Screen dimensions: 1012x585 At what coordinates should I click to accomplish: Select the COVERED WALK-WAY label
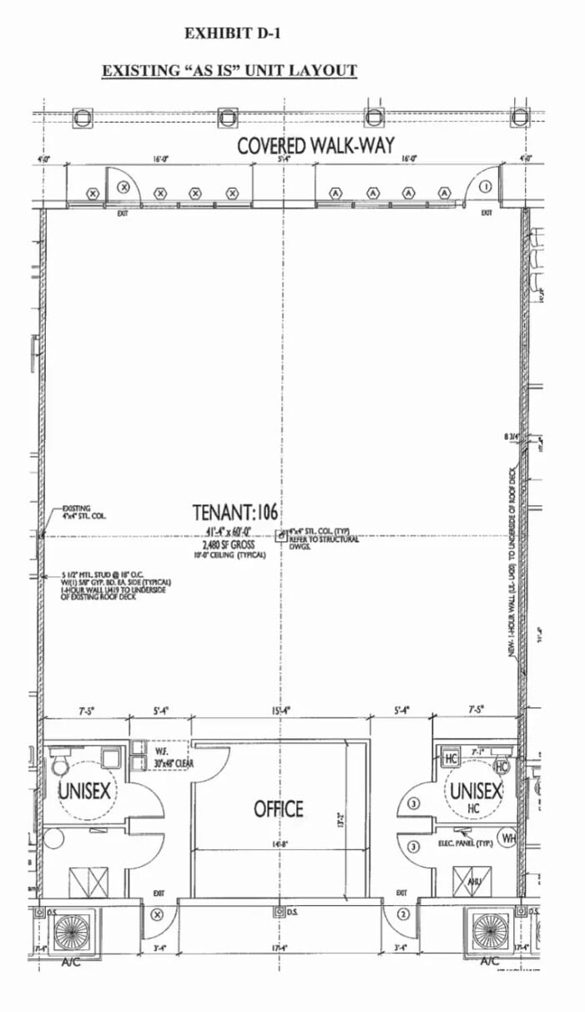315,145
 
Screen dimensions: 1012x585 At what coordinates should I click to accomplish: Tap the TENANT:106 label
235,512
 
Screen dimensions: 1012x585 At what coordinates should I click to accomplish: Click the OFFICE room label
279,808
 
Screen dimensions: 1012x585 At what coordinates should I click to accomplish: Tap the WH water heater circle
507,837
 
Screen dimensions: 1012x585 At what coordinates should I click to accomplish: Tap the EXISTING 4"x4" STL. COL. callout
76,512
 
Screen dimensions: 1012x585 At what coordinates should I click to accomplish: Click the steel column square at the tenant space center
281,534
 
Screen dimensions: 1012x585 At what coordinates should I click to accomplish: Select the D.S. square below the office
278,911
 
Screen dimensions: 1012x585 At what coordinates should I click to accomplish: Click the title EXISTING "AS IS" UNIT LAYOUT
229,70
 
